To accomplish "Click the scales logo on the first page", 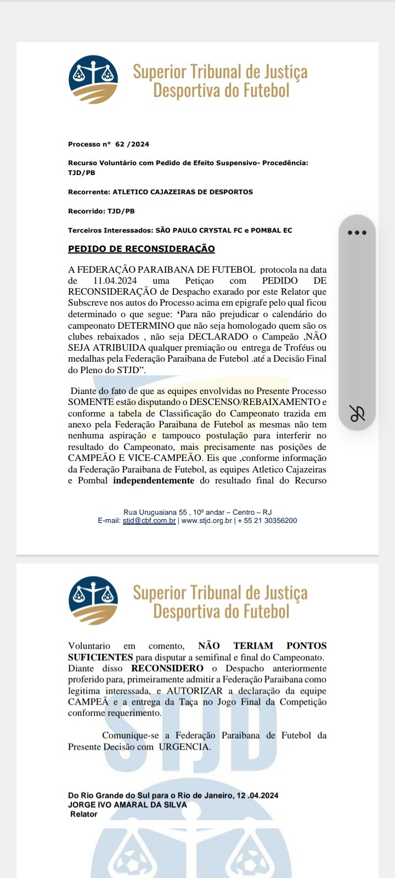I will tap(93, 80).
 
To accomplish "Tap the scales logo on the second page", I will tap(93, 600).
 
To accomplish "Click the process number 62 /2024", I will tap(132, 144).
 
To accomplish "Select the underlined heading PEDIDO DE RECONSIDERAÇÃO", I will tap(141, 249).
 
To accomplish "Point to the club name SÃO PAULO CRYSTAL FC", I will tap(199, 230).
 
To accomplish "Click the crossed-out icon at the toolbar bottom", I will tap(357, 413).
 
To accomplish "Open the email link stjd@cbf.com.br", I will tap(149, 521).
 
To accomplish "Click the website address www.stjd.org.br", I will tap(206, 521).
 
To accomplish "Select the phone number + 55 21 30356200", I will tap(267, 521).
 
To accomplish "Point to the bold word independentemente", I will tap(154, 481).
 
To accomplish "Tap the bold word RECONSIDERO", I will tap(167, 668).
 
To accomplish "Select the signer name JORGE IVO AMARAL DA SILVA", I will tap(127, 805).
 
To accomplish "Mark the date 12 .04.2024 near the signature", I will tap(258, 796).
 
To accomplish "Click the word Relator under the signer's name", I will tap(83, 814).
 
